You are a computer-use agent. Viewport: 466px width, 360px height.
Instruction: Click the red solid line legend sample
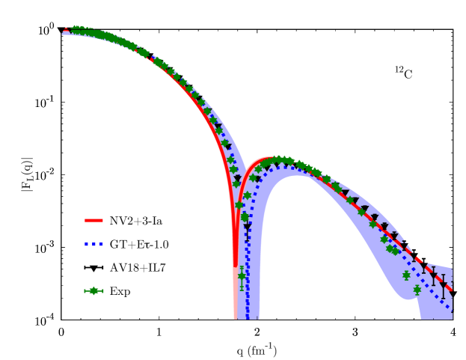pos(93,221)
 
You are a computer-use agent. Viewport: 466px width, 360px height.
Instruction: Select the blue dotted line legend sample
pos(93,245)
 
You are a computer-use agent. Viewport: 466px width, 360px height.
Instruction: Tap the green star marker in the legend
pos(93,291)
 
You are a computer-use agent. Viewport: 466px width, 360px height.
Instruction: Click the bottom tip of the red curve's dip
pos(236,265)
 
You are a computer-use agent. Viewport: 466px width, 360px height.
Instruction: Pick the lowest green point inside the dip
pos(242,276)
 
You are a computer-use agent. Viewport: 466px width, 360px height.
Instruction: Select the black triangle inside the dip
pos(248,228)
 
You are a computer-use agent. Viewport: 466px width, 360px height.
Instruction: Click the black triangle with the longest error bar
pos(443,286)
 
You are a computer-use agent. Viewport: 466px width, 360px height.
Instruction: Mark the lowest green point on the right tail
pos(417,290)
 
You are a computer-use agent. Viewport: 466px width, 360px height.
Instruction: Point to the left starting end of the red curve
pos(65,31)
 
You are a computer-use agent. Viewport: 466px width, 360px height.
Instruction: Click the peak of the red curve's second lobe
pos(271,159)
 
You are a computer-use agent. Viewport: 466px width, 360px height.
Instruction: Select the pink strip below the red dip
pos(236,299)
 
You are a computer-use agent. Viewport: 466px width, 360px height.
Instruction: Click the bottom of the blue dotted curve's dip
pos(248,317)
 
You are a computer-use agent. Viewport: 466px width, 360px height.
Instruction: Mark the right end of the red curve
pos(453,291)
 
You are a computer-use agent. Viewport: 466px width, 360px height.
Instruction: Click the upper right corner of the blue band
pos(452,268)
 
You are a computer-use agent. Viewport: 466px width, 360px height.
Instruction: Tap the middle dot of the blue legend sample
pos(93,245)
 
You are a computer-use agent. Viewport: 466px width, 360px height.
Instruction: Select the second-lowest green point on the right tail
pos(406,275)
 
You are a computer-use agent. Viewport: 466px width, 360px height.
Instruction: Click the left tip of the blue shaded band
pos(63,32)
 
